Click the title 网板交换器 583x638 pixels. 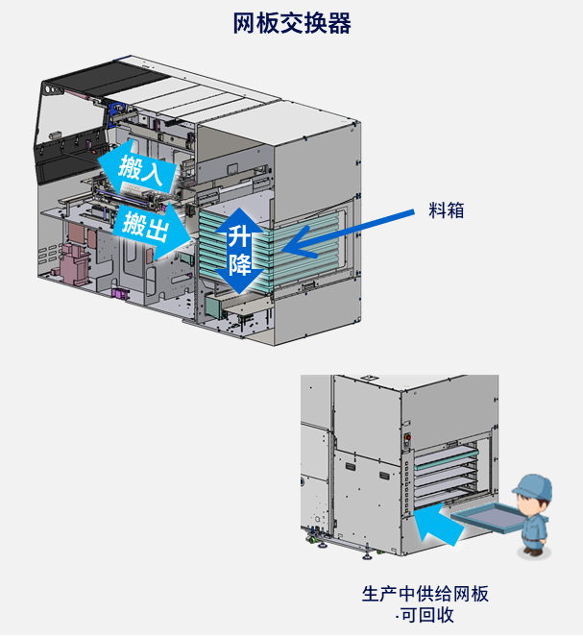click(292, 24)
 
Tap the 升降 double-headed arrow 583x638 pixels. click(239, 248)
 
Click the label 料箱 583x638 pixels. click(446, 210)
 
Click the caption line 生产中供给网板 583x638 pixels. click(425, 593)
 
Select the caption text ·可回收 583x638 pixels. click(425, 615)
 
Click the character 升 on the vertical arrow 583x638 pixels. click(239, 234)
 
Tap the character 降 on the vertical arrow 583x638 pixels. click(239, 262)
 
